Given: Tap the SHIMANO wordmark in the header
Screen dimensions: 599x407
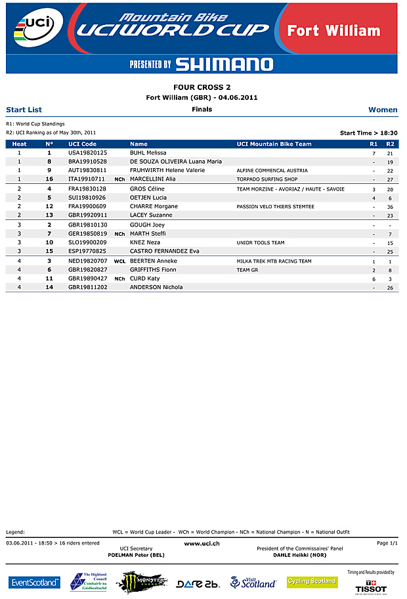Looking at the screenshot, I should click(x=224, y=64).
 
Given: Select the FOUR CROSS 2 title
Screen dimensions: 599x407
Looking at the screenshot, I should click(x=202, y=87).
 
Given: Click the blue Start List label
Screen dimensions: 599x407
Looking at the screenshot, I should click(x=24, y=110).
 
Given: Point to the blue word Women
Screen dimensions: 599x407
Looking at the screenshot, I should click(x=383, y=110).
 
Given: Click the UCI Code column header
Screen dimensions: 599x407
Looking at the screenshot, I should click(x=82, y=144).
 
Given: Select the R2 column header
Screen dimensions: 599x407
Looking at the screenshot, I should click(x=390, y=144).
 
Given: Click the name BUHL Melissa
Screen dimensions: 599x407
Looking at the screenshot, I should click(x=148, y=152).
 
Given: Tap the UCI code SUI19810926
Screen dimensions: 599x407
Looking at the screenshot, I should click(x=87, y=198).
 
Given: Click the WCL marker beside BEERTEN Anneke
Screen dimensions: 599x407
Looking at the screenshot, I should click(x=119, y=261).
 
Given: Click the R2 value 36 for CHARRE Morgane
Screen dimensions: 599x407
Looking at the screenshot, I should click(x=390, y=207).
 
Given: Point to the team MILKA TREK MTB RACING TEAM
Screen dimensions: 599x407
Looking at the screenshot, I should click(x=274, y=261).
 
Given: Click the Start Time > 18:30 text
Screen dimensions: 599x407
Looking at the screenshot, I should click(x=368, y=133).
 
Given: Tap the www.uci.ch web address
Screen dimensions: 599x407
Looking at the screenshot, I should click(x=202, y=543).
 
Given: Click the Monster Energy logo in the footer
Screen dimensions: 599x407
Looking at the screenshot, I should click(x=141, y=582).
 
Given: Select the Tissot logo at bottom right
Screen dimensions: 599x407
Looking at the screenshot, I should click(x=371, y=586).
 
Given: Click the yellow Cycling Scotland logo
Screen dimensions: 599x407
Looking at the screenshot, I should click(x=312, y=581).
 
